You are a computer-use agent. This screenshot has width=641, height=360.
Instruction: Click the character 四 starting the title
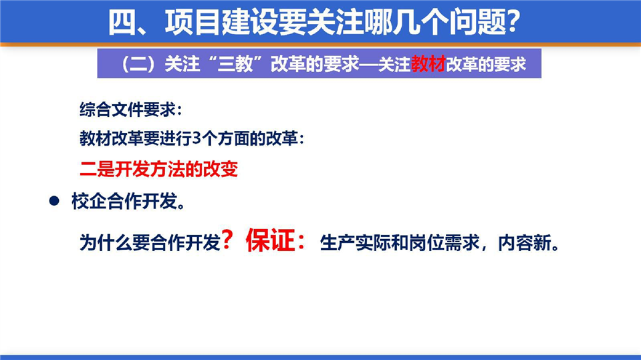pos(122,23)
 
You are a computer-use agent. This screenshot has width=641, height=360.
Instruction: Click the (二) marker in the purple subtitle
pos(138,64)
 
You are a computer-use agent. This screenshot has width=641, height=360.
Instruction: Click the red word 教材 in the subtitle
pos(428,64)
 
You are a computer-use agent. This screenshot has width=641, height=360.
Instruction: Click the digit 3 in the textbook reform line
pos(197,139)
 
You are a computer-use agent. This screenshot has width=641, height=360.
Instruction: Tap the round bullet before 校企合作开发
pos(54,200)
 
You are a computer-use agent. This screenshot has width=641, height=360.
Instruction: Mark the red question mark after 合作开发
pos(227,240)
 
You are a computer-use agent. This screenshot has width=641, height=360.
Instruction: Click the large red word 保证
pos(270,240)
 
